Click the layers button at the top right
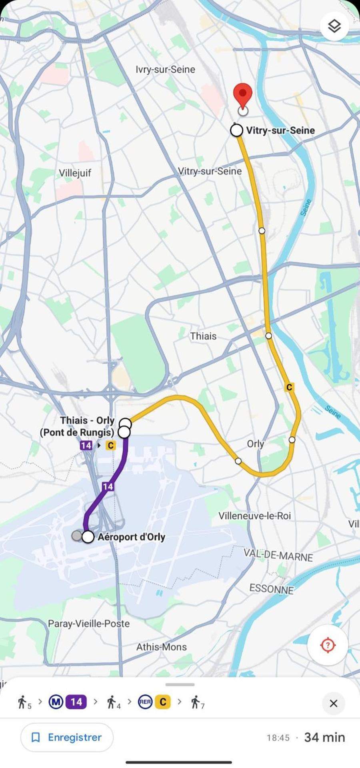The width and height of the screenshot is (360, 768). pyautogui.click(x=334, y=26)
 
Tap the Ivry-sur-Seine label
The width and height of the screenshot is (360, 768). pyautogui.click(x=165, y=70)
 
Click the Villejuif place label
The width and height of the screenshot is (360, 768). pyautogui.click(x=75, y=173)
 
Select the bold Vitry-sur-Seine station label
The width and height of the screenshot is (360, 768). pyautogui.click(x=280, y=130)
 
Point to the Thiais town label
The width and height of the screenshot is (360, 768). pyautogui.click(x=203, y=336)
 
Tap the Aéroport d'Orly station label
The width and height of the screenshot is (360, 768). pyautogui.click(x=131, y=537)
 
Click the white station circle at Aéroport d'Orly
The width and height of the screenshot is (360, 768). pyautogui.click(x=88, y=537)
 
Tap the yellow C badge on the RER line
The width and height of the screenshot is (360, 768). pyautogui.click(x=290, y=387)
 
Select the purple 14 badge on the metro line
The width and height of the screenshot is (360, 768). pyautogui.click(x=108, y=486)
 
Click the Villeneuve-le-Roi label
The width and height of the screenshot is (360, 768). pyautogui.click(x=254, y=516)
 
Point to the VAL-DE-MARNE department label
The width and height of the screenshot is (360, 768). pyautogui.click(x=278, y=555)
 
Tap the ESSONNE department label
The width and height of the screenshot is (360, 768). pyautogui.click(x=271, y=588)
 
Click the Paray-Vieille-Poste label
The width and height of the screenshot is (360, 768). pyautogui.click(x=89, y=623)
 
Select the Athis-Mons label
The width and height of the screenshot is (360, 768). pyautogui.click(x=161, y=647)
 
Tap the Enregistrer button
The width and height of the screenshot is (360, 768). pyautogui.click(x=67, y=737)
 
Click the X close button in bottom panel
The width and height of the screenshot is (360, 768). pyautogui.click(x=333, y=703)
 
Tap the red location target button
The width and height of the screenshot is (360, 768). pyautogui.click(x=328, y=645)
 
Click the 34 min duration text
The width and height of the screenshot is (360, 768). pyautogui.click(x=324, y=737)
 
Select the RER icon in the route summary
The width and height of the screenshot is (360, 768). pyautogui.click(x=145, y=702)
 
